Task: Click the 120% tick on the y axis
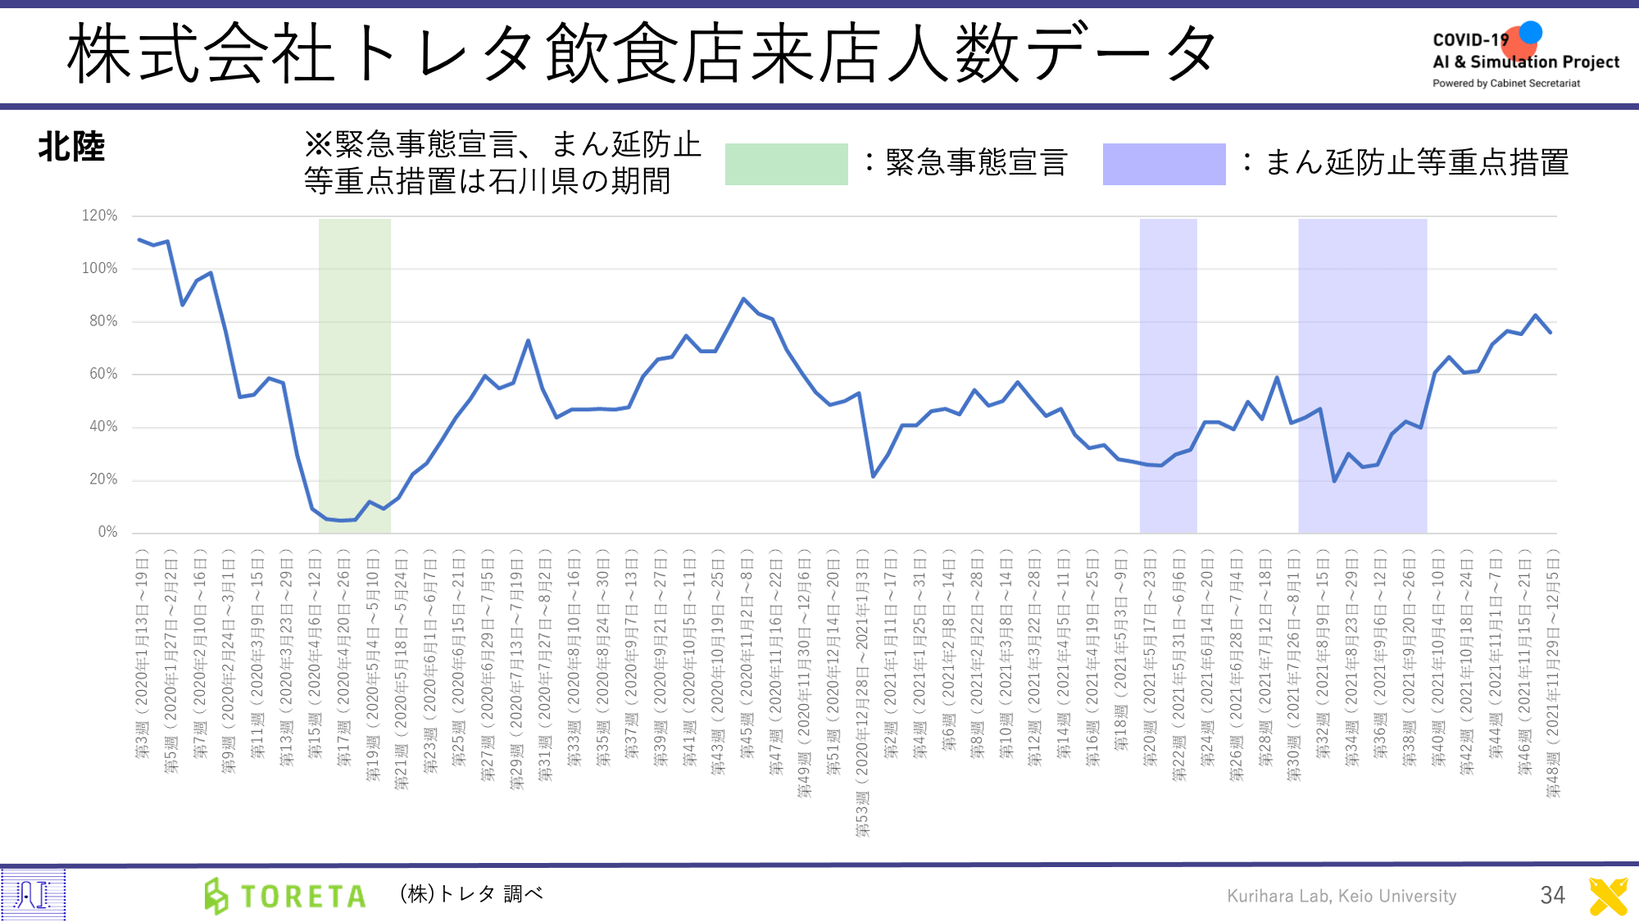pyautogui.click(x=99, y=216)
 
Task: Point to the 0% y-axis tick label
pyautogui.click(x=107, y=532)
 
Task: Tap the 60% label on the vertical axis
pyautogui.click(x=103, y=374)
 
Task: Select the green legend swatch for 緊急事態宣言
pyautogui.click(x=786, y=164)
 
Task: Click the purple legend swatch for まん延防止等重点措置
pyautogui.click(x=1164, y=164)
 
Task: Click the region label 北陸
pyautogui.click(x=71, y=148)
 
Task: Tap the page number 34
pyautogui.click(x=1552, y=895)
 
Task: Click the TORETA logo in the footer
pyautogui.click(x=285, y=896)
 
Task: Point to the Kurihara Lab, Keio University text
pyautogui.click(x=1342, y=896)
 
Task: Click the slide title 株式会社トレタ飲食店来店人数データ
pyautogui.click(x=642, y=54)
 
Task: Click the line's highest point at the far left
pyautogui.click(x=139, y=239)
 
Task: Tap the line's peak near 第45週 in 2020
pyautogui.click(x=743, y=299)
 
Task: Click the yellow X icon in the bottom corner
pyautogui.click(x=1608, y=896)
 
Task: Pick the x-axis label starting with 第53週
pyautogui.click(x=862, y=693)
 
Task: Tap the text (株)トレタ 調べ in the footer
pyautogui.click(x=471, y=893)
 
